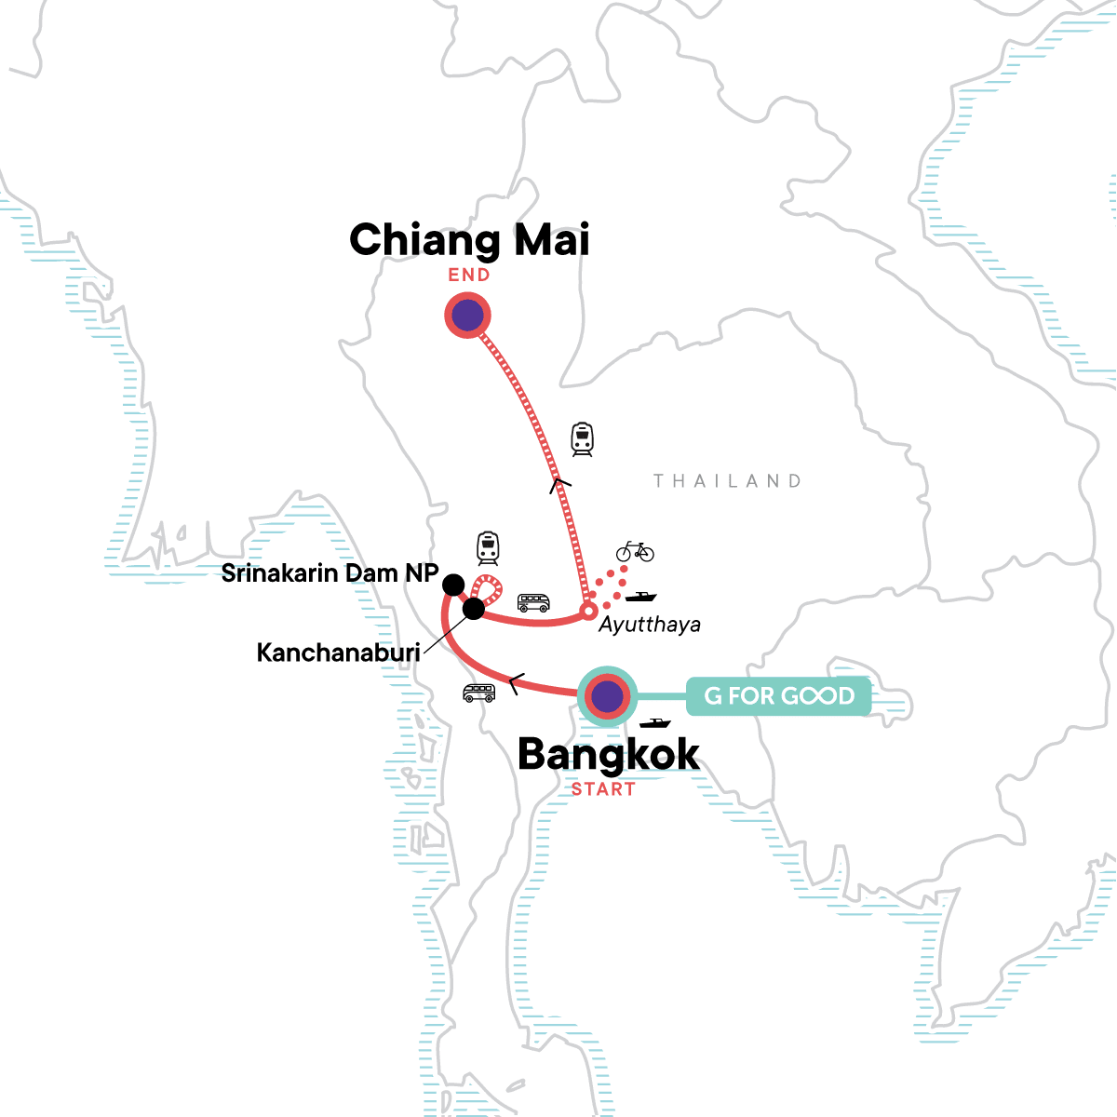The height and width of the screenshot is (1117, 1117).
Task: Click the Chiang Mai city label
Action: tap(469, 240)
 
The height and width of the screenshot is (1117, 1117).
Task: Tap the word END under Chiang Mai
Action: tap(469, 275)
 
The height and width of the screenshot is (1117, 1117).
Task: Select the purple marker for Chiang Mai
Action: tap(467, 316)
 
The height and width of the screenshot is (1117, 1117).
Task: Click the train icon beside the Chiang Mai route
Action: tap(583, 438)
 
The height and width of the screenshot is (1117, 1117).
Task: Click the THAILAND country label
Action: tap(727, 481)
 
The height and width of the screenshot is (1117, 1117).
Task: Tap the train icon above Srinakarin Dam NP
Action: tap(488, 547)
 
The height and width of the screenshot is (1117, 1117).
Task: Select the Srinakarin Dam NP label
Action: tap(330, 573)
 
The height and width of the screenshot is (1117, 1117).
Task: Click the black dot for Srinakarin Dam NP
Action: tap(453, 585)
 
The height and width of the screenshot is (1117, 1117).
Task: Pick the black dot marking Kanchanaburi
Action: tap(474, 609)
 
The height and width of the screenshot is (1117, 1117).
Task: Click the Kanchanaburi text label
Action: tap(338, 653)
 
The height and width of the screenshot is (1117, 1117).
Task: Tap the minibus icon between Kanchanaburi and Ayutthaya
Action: tap(533, 603)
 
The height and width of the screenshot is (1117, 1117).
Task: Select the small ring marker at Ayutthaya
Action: tap(587, 612)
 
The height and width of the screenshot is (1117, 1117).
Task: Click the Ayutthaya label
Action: tap(649, 624)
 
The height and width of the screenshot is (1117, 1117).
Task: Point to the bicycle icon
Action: tap(635, 551)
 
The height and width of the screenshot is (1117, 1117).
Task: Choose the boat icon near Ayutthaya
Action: tap(640, 596)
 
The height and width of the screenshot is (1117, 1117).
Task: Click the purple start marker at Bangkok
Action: tap(607, 695)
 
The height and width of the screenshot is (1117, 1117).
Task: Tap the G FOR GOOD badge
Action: tap(779, 696)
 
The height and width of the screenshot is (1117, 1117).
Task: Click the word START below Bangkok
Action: tap(603, 789)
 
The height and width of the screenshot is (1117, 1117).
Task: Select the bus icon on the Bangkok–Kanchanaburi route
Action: tap(478, 693)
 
